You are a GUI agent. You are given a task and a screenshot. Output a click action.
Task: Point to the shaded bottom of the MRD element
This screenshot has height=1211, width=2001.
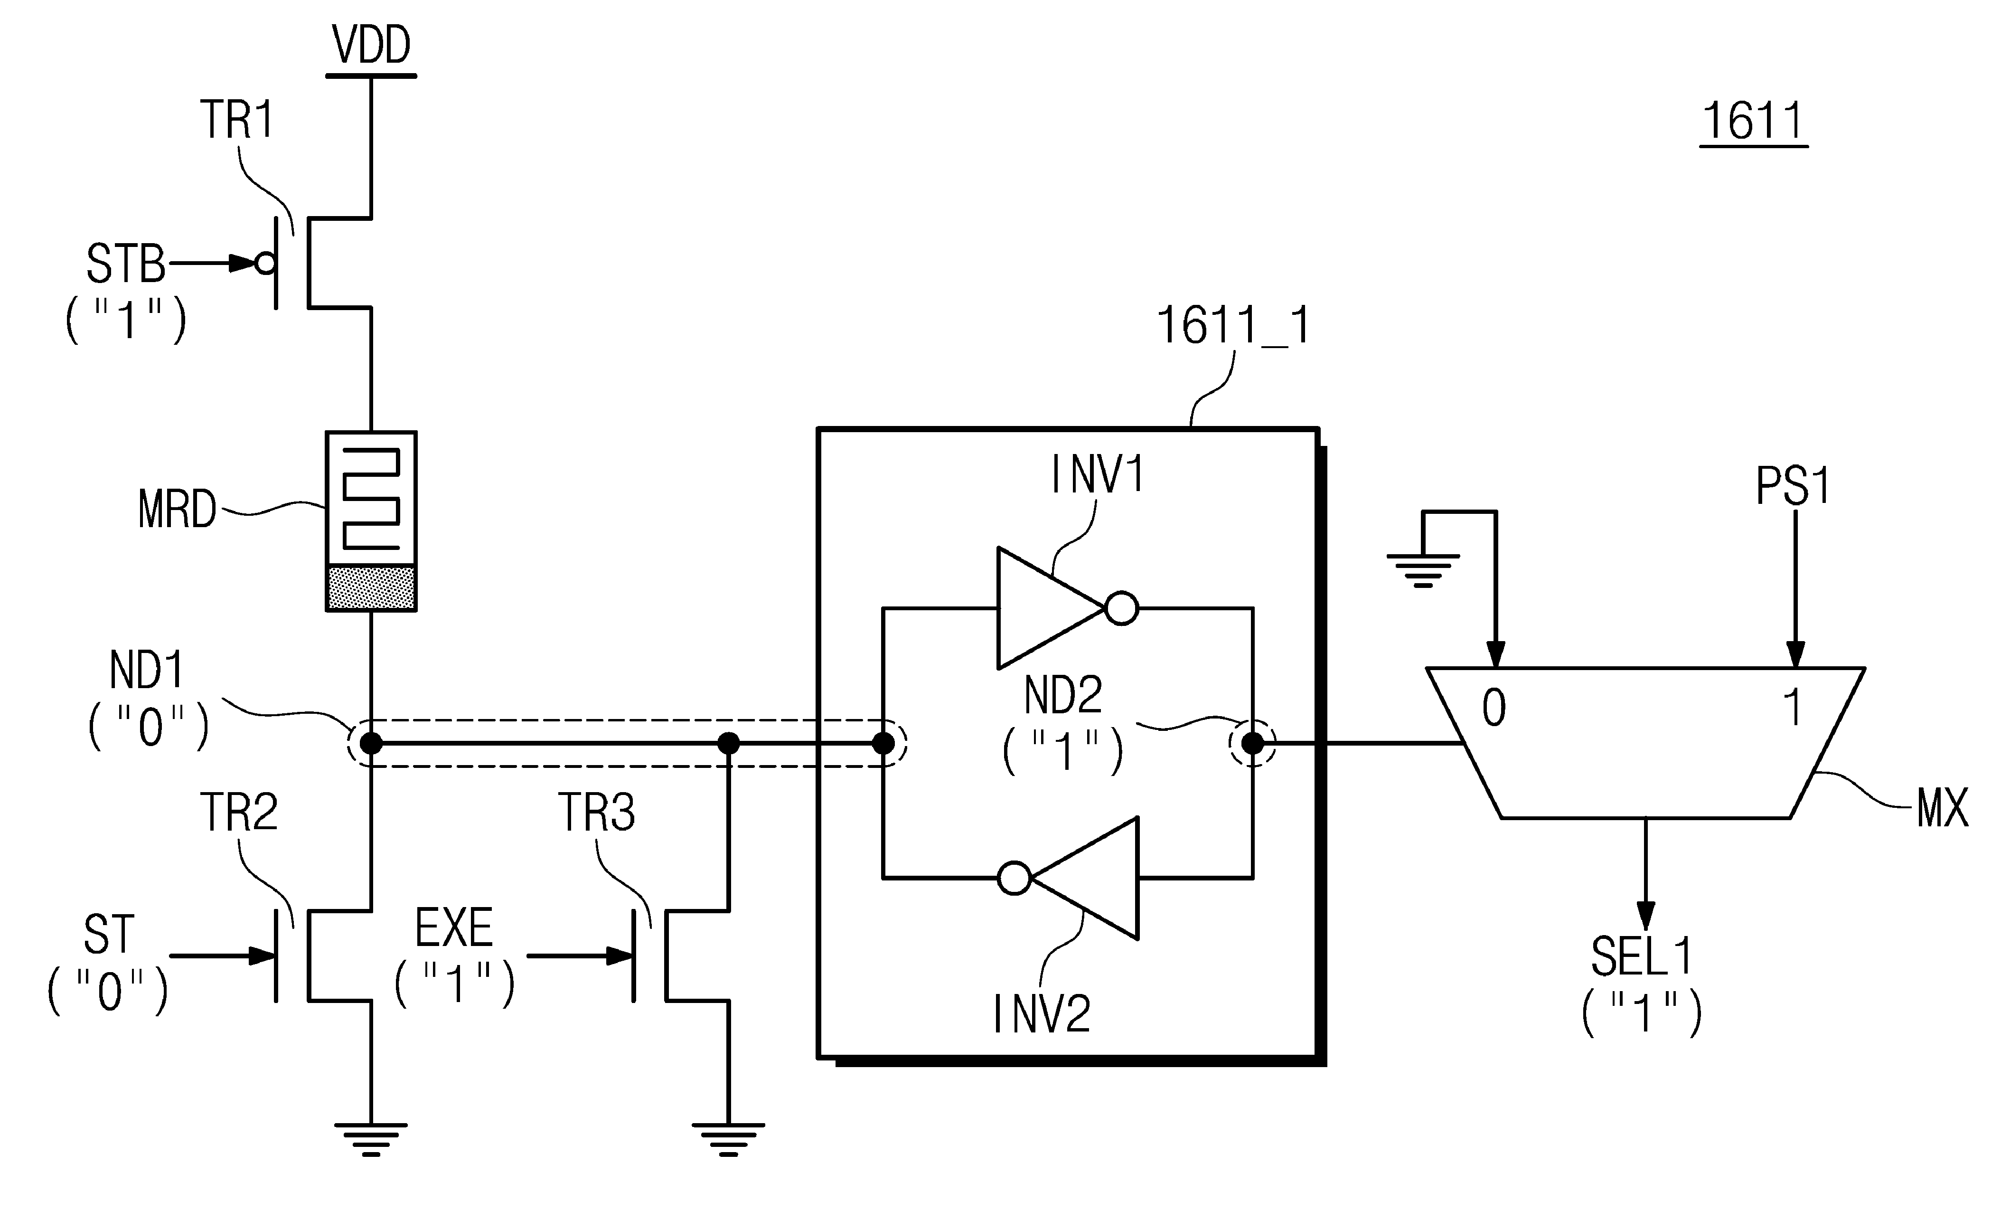click(371, 588)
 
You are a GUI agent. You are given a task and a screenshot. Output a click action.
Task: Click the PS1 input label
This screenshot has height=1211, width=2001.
click(1793, 486)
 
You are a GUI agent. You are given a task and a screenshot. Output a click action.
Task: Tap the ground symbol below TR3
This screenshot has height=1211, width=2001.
click(728, 1139)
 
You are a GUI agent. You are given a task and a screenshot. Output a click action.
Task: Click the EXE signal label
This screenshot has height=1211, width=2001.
click(454, 928)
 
